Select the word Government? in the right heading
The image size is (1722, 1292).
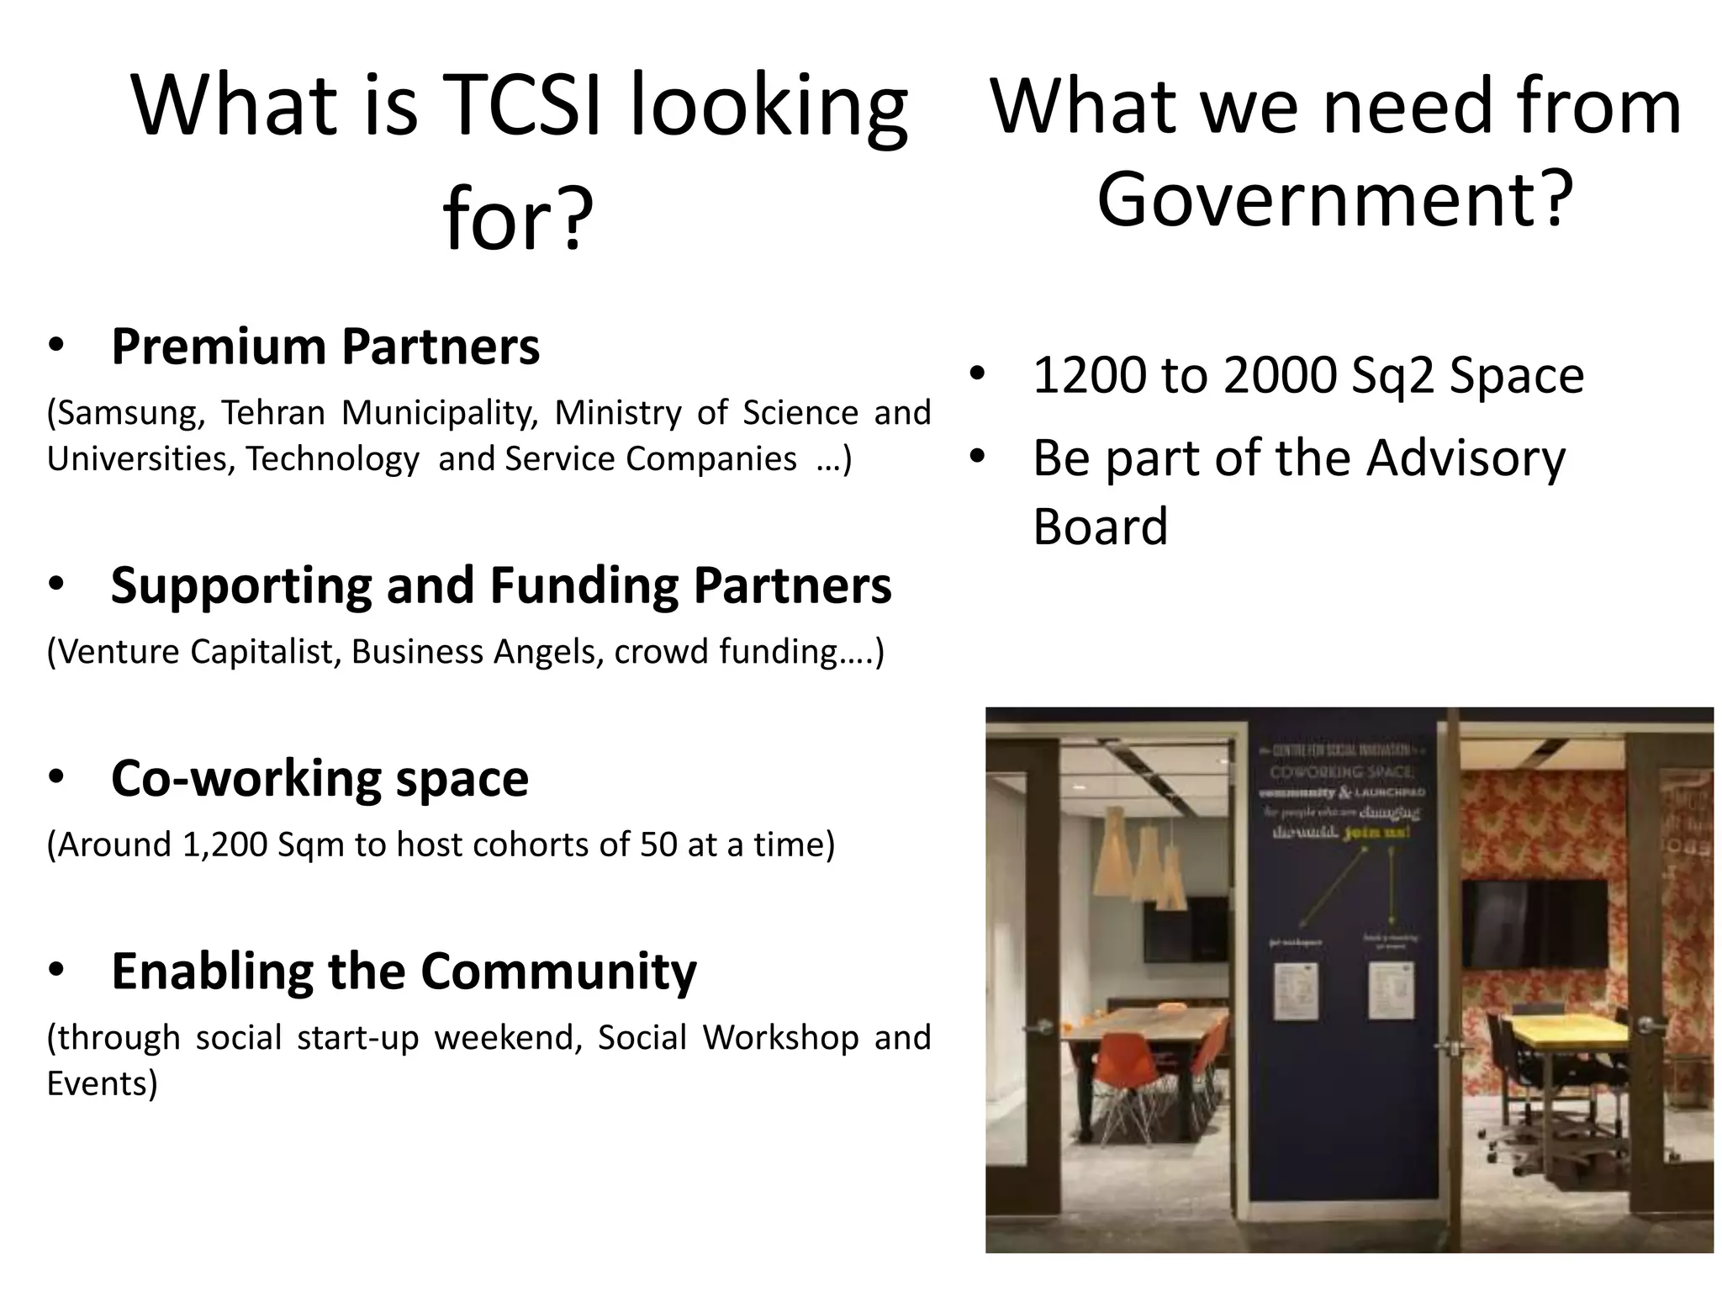click(1334, 199)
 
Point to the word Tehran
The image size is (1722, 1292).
click(272, 413)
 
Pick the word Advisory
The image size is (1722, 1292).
click(1466, 458)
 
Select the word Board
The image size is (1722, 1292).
click(1100, 527)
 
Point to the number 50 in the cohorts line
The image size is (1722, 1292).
click(658, 845)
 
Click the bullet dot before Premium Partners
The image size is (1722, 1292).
click(55, 346)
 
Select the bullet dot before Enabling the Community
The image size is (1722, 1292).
click(55, 971)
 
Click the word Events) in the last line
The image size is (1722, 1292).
click(102, 1083)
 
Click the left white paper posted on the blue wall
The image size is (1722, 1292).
click(1296, 991)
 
